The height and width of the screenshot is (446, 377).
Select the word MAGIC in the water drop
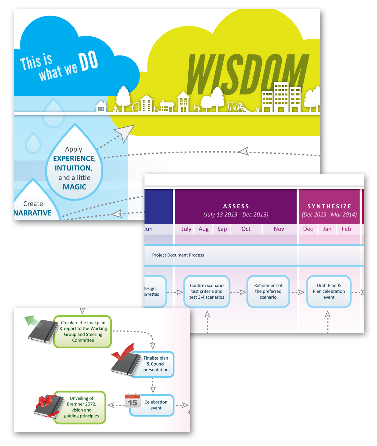75,187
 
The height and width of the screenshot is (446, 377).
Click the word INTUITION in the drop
73,168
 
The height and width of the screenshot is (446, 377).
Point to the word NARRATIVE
33,213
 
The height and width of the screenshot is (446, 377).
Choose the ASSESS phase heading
236,206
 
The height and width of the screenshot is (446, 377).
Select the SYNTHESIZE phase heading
329,206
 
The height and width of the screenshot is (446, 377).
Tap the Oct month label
246,229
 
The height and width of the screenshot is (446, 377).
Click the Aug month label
204,229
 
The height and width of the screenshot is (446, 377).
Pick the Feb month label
346,229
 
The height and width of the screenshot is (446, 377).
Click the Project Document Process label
178,255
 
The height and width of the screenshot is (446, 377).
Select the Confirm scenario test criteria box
207,291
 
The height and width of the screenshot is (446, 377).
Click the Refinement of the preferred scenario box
268,291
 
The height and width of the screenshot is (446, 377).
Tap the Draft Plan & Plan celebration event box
329,291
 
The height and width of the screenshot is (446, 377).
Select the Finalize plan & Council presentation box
156,364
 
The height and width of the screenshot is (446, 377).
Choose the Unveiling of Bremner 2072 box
82,407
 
